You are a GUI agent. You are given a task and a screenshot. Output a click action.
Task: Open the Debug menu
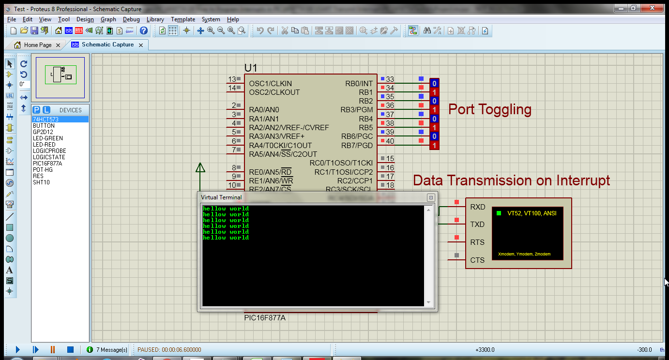tap(131, 19)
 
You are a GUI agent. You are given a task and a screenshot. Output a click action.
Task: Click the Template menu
tap(183, 19)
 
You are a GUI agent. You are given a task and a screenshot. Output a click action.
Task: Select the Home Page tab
tap(38, 45)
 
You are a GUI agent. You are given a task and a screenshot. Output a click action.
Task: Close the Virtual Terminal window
tap(430, 197)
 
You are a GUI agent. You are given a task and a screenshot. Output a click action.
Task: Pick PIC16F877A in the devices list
tap(47, 164)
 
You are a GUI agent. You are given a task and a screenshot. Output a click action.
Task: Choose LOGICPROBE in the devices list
tap(49, 151)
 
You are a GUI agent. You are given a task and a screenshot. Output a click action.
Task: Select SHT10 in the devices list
tap(41, 182)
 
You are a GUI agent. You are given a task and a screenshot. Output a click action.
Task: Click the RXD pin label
tap(477, 207)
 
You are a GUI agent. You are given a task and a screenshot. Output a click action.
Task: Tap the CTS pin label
tap(477, 260)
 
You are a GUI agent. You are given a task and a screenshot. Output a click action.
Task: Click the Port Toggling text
tap(489, 109)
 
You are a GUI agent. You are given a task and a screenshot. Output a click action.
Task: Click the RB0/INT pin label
tap(359, 84)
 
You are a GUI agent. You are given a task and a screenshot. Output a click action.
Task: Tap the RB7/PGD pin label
tap(357, 146)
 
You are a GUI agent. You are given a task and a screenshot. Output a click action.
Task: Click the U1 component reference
tap(251, 68)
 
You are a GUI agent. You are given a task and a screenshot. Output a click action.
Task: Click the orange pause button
tap(53, 349)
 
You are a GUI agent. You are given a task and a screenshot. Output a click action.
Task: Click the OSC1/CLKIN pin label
tap(271, 84)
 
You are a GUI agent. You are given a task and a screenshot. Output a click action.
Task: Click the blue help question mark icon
tap(144, 30)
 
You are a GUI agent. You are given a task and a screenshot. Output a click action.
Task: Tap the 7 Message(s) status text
tap(112, 350)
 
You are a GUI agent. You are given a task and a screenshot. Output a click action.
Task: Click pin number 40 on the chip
tap(390, 141)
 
